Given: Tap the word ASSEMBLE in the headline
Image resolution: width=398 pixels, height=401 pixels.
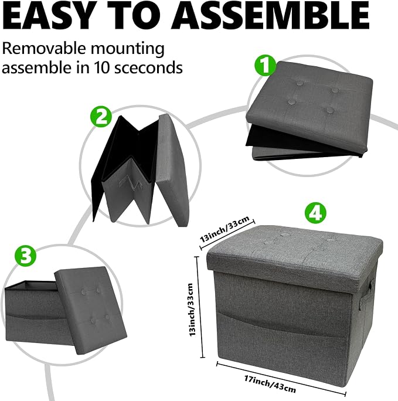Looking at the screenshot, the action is [x=270, y=16].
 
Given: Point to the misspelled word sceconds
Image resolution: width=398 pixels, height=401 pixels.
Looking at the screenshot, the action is [x=148, y=67].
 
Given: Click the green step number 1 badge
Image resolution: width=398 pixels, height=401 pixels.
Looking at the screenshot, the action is [x=266, y=66].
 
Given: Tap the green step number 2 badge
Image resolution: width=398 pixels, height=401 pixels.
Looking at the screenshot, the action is [x=101, y=117].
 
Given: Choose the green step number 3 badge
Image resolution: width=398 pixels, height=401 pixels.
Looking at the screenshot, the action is [x=25, y=254].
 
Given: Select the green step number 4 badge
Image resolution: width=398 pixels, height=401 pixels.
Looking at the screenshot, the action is [x=315, y=213].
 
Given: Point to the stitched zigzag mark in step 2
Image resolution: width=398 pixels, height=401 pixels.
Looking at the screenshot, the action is [x=130, y=183].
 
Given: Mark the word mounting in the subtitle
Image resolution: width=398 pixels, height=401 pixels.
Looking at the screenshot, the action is [x=128, y=49].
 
